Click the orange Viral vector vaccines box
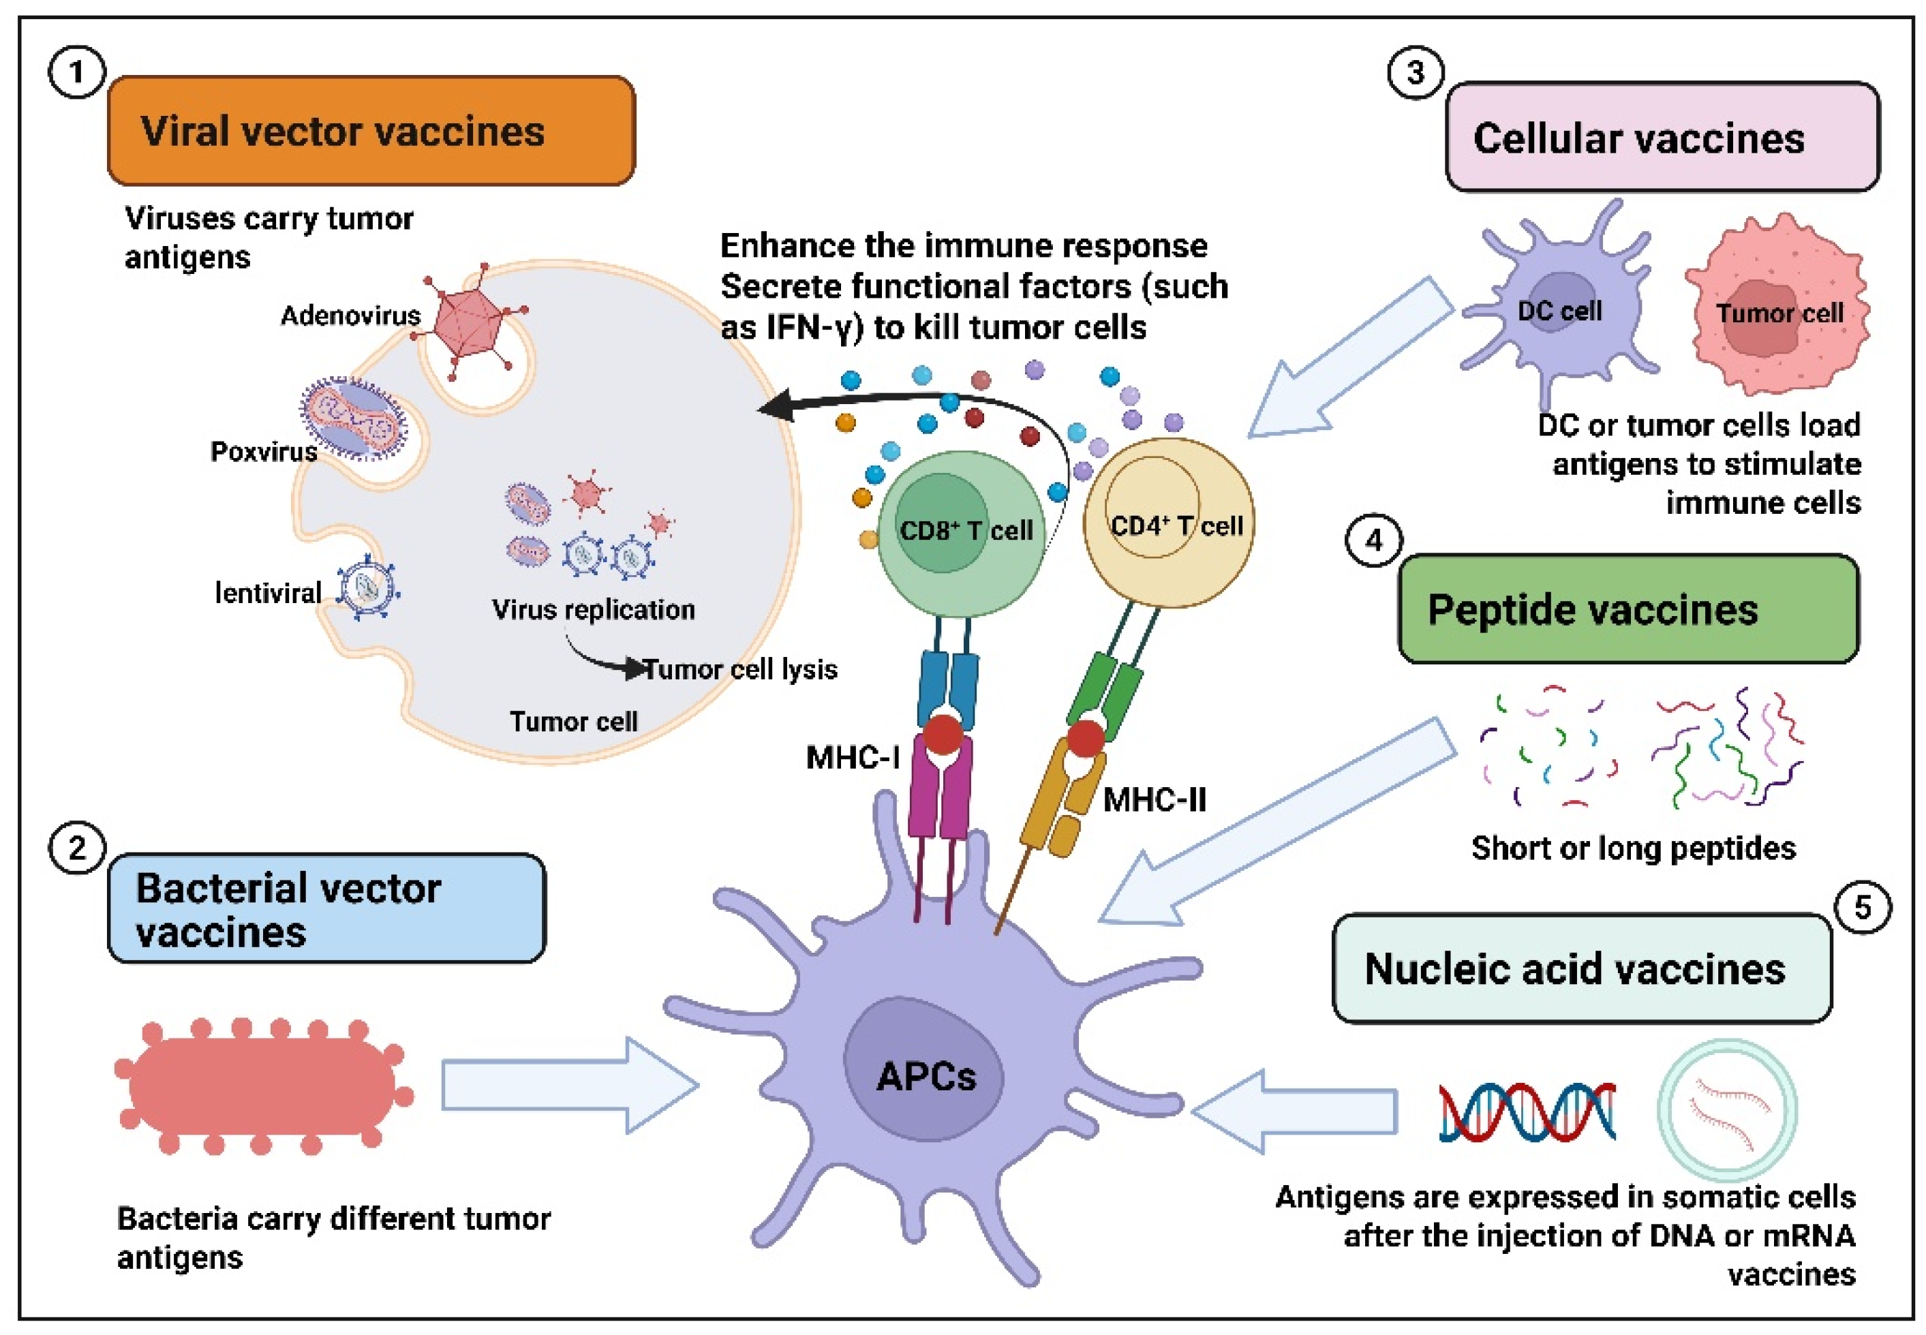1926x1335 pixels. [371, 132]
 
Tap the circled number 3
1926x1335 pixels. [1415, 73]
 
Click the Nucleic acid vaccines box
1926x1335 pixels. [1581, 968]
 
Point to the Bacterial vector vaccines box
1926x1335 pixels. [326, 908]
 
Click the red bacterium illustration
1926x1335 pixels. [264, 1086]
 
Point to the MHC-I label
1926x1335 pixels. [852, 758]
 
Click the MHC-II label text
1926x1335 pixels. [1154, 799]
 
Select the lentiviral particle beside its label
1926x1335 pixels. [366, 589]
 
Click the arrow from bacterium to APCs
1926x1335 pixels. [568, 1086]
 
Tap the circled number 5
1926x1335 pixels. [1863, 908]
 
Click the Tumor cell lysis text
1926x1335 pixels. [740, 669]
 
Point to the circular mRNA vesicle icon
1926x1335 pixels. [1727, 1111]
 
